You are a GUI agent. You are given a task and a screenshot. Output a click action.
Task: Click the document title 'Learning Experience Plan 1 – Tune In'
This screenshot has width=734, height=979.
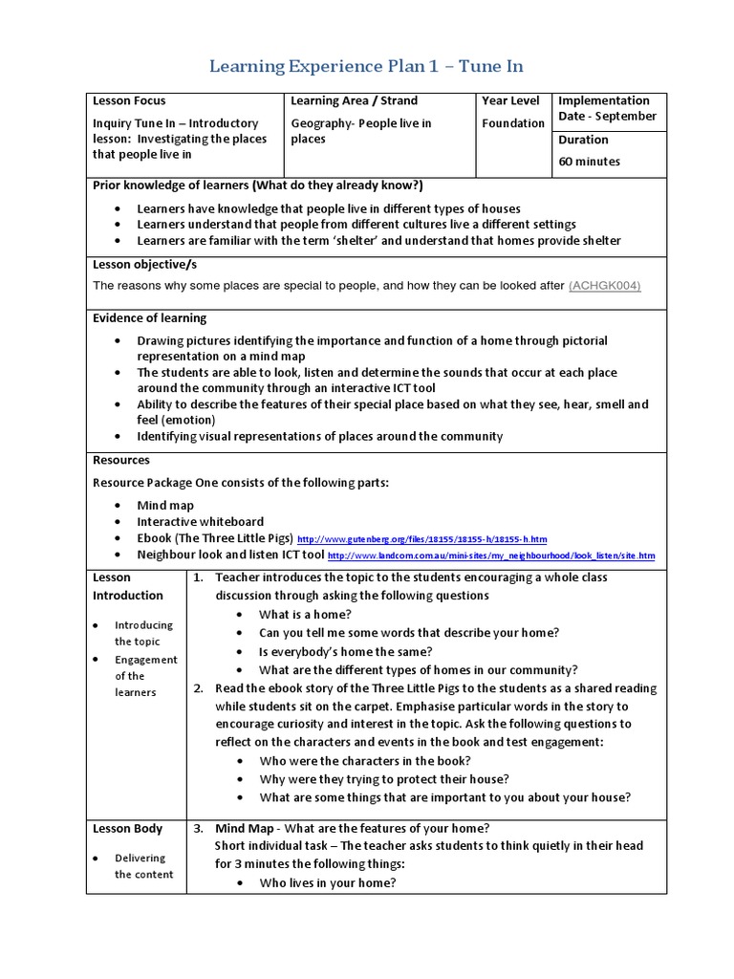(367, 66)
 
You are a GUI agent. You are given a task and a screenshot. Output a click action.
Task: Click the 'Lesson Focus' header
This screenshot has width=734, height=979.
(129, 100)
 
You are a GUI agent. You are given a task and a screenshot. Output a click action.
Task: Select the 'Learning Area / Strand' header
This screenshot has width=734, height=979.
(354, 100)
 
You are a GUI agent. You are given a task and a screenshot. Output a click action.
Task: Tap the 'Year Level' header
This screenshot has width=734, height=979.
(510, 100)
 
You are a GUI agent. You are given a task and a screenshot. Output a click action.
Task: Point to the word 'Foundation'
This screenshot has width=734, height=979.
(513, 123)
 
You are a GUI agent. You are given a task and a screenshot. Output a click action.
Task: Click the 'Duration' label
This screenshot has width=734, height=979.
(583, 140)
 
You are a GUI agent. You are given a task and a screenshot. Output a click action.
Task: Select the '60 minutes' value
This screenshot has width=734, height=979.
(589, 162)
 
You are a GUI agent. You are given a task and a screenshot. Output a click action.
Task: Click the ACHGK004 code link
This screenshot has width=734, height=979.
(604, 286)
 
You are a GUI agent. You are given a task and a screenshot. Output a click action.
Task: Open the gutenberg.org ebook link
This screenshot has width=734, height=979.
(422, 539)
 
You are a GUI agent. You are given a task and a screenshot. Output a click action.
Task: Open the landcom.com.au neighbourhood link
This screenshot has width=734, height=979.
(491, 555)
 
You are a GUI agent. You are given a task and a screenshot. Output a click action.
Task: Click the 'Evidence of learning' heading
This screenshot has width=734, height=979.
(149, 318)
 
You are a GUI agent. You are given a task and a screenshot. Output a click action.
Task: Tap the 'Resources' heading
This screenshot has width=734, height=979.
(121, 460)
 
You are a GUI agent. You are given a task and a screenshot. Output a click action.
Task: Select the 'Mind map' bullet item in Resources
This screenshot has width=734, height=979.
(165, 505)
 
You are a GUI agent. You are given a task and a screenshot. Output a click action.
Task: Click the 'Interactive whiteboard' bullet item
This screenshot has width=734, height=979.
(200, 522)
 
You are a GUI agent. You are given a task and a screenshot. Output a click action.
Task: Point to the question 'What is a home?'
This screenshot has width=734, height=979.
(305, 615)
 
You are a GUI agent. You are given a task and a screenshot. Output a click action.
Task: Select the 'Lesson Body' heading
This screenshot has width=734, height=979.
(127, 829)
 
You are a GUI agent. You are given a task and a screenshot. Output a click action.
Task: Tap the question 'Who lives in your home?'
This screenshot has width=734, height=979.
(327, 883)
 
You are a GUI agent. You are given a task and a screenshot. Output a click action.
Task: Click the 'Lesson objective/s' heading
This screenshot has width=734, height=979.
(144, 264)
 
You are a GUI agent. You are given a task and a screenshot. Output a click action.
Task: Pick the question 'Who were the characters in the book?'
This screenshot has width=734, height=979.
(364, 761)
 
